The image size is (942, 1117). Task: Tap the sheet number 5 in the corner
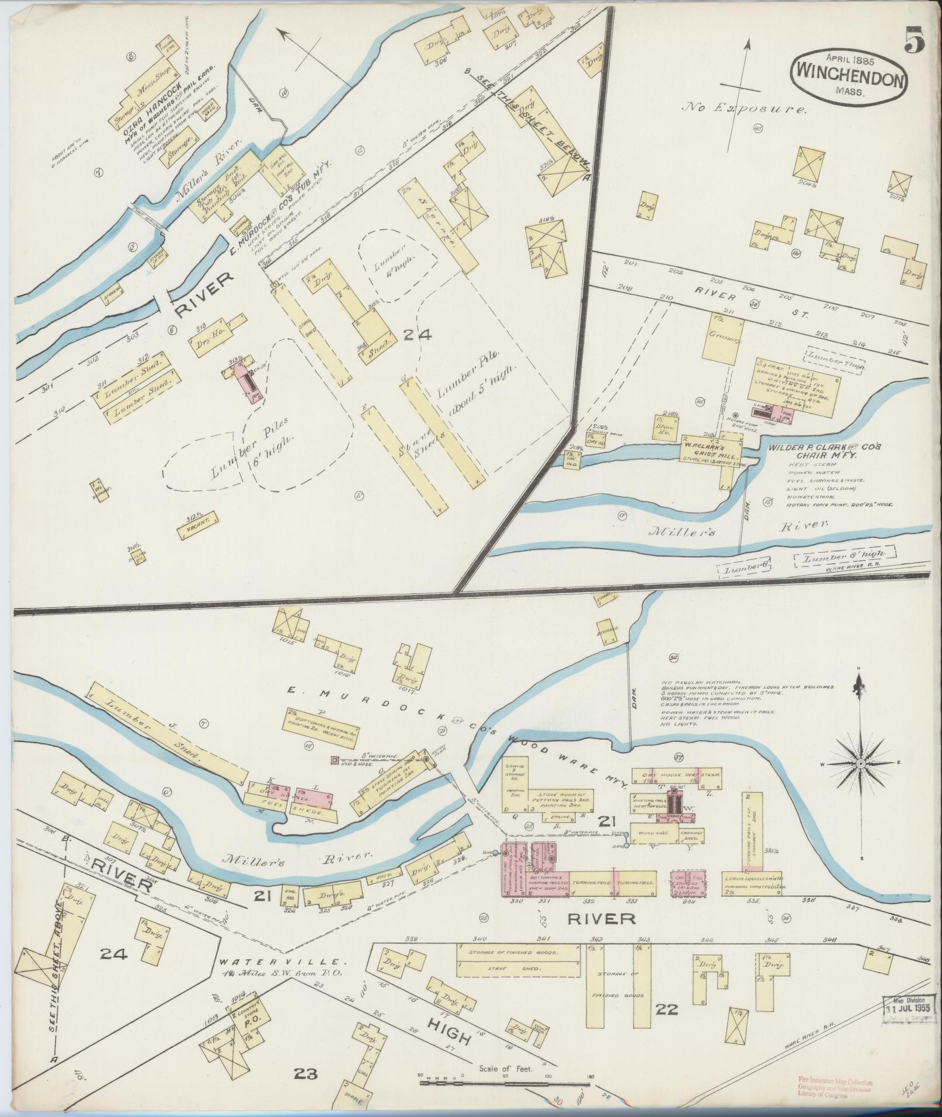coord(915,41)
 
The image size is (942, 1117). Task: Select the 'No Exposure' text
coord(747,109)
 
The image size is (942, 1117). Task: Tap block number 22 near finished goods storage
coord(666,1008)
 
